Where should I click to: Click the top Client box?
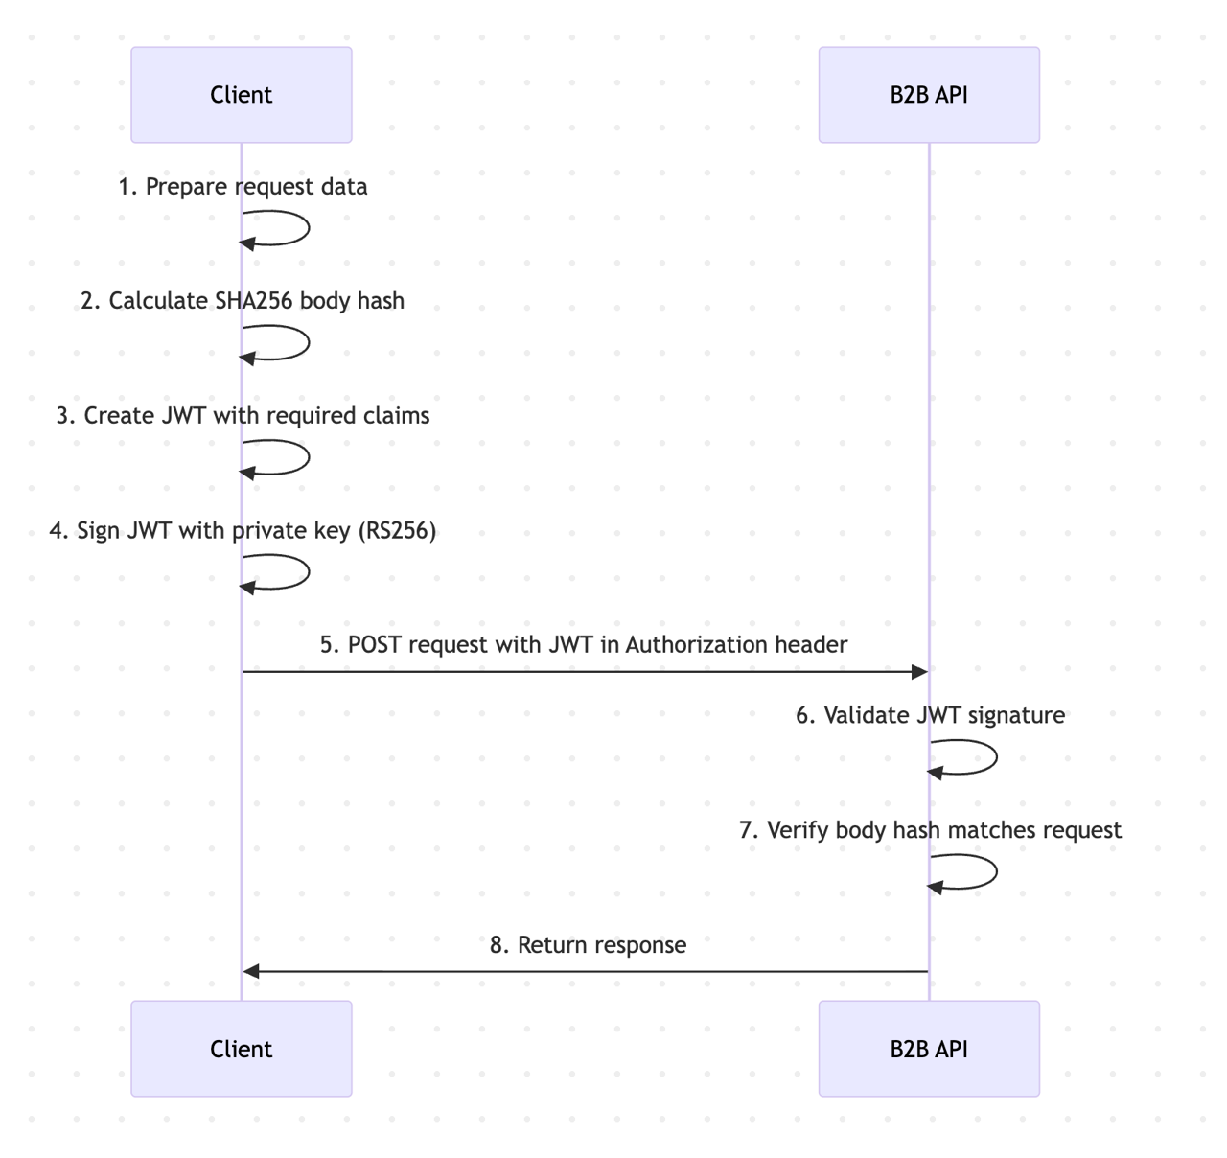(241, 95)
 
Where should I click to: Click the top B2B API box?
(928, 95)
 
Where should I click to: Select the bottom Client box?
(241, 1049)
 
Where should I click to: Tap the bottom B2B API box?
(928, 1049)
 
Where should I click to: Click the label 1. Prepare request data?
(243, 187)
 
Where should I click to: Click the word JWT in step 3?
(184, 416)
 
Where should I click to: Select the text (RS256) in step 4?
(397, 531)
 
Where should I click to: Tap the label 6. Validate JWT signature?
(930, 716)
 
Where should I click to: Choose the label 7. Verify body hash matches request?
(930, 830)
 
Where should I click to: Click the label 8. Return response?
(588, 945)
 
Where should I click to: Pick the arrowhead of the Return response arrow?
(252, 972)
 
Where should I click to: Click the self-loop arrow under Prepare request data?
(308, 229)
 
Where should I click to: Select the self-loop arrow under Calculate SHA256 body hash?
(308, 343)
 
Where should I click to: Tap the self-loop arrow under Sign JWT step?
(308, 572)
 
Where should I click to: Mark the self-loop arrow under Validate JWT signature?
(996, 758)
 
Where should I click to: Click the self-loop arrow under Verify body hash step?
(996, 872)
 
